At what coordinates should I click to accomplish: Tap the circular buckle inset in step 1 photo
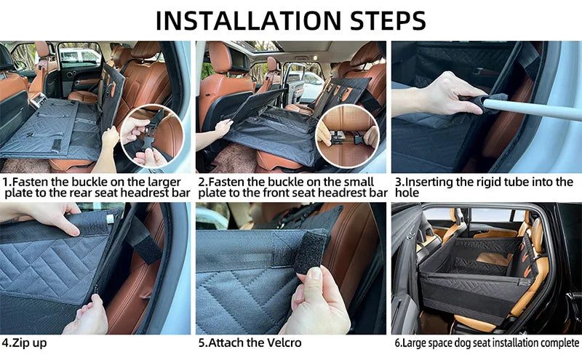pyautogui.click(x=151, y=136)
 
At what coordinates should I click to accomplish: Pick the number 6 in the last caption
pyautogui.click(x=397, y=343)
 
